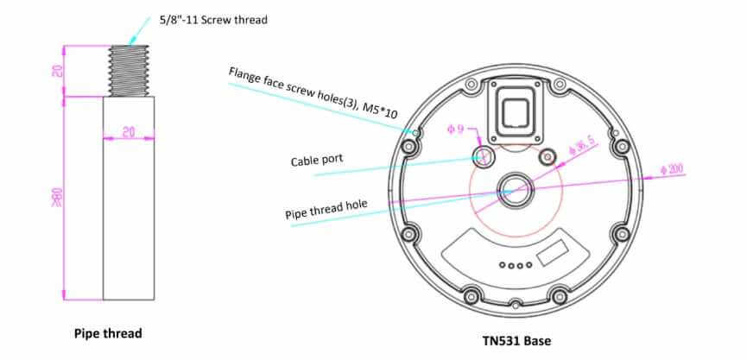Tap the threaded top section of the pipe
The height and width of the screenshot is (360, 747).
[x=129, y=70]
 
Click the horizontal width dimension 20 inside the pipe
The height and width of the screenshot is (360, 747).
[x=128, y=131]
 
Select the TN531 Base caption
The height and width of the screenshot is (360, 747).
[x=516, y=341]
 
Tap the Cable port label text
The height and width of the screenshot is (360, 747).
[x=318, y=161]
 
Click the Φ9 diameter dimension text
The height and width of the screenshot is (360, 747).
[x=455, y=129]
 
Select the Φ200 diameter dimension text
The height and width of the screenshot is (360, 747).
[x=672, y=168]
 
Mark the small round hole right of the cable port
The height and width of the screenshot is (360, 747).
[x=546, y=157]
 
